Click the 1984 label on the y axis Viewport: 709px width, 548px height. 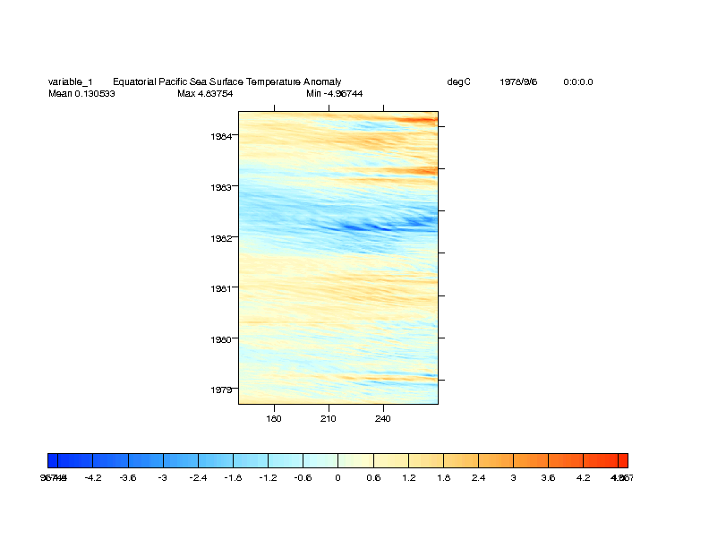(x=222, y=136)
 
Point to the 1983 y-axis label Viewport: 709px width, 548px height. (x=222, y=187)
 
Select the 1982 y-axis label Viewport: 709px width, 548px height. (x=222, y=238)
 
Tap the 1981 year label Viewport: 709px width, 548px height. (x=222, y=288)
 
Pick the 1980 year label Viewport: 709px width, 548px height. (x=222, y=339)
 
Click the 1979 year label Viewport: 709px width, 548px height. (x=222, y=390)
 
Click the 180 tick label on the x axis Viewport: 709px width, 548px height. (x=274, y=418)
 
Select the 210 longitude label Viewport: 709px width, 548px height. (x=329, y=418)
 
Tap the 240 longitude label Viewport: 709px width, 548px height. (x=383, y=418)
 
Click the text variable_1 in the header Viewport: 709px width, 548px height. (x=70, y=82)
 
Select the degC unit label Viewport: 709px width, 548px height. (x=458, y=82)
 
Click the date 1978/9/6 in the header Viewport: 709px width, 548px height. (x=518, y=82)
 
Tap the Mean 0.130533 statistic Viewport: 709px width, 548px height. (x=81, y=93)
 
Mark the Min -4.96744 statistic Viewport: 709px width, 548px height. (x=334, y=93)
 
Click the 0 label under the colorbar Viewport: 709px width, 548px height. (x=337, y=478)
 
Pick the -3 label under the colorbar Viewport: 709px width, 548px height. (x=162, y=478)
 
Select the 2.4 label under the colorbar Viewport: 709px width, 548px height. (x=478, y=478)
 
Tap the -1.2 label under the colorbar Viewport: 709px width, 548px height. (x=267, y=478)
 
